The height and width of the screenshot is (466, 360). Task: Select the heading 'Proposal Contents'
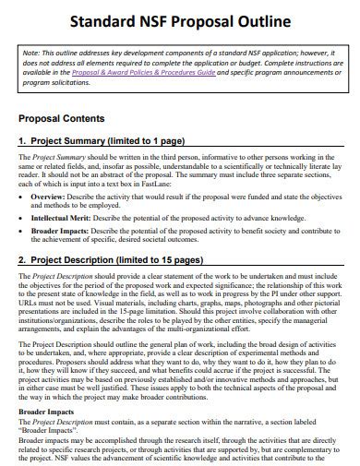62,120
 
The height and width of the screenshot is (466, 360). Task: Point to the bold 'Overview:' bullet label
48,197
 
